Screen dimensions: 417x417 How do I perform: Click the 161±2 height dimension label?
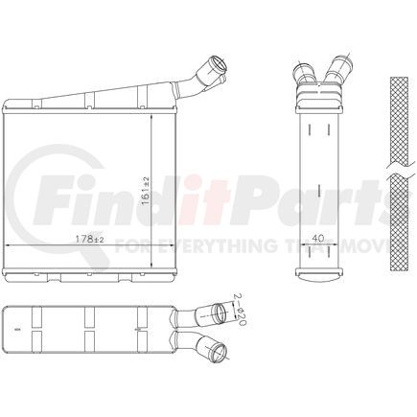coord(146,191)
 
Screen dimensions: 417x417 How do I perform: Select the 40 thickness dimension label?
coord(318,238)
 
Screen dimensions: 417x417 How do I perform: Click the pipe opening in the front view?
coord(218,65)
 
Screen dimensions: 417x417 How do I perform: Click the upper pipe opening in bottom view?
coord(220,311)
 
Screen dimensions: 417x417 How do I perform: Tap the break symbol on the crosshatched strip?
coord(399,171)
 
